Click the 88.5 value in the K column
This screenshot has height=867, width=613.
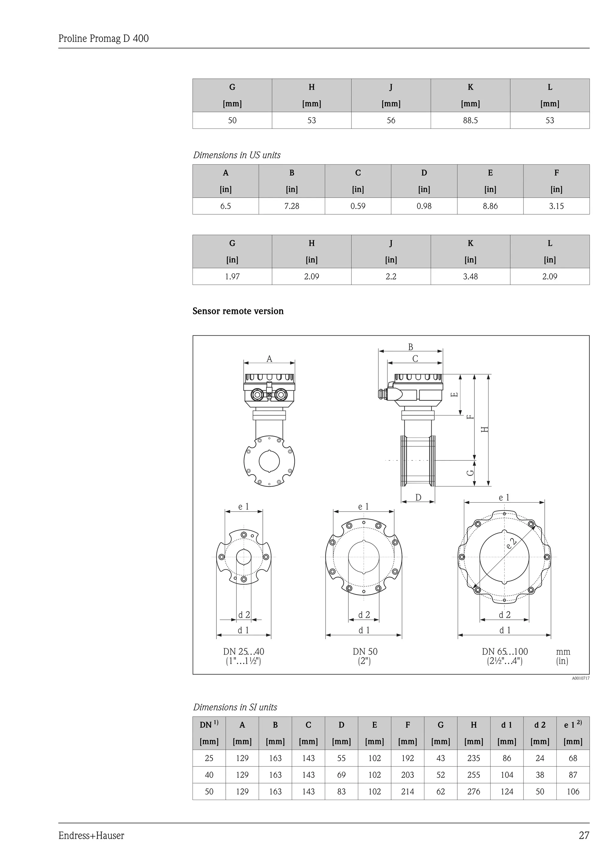click(x=470, y=120)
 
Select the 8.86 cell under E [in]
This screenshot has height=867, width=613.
click(x=490, y=206)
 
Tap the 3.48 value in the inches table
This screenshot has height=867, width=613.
click(x=470, y=276)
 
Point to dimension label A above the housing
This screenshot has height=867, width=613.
click(x=269, y=359)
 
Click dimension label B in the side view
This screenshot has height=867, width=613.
click(x=410, y=347)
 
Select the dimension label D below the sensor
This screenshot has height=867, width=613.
click(x=418, y=497)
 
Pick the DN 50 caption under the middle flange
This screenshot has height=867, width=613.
click(x=365, y=651)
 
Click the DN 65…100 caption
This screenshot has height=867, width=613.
click(x=505, y=651)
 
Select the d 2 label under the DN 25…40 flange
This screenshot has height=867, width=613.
click(x=244, y=615)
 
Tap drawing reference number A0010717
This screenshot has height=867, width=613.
click(x=580, y=678)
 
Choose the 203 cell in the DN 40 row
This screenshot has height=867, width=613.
click(x=407, y=775)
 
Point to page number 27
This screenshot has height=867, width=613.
click(x=584, y=836)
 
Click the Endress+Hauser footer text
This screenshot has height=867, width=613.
click(x=91, y=836)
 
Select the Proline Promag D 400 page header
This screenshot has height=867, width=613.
click(x=104, y=39)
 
